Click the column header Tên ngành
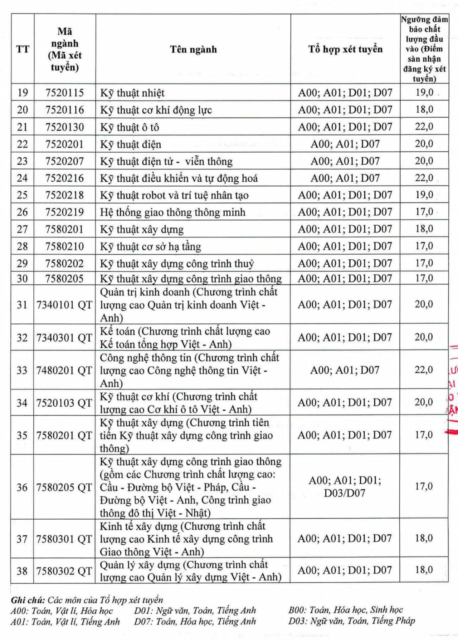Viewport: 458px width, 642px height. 193,49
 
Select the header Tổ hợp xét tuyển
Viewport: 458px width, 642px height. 345,49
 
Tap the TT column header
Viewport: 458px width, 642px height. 23,49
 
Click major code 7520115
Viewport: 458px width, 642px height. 65,93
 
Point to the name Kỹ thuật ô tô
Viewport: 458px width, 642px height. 130,127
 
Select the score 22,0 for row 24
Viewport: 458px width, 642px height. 424,178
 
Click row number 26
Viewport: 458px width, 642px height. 22,212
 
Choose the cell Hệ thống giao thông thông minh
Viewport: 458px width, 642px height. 173,212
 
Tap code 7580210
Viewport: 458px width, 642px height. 65,246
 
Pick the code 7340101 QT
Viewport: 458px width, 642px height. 65,305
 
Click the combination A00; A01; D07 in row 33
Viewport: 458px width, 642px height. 345,370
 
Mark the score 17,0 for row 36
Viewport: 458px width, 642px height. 424,486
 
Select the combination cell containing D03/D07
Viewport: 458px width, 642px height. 345,487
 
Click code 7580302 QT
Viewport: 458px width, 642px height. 65,571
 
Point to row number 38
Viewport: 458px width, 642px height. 22,571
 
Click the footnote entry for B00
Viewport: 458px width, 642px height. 346,610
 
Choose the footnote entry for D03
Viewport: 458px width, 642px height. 352,621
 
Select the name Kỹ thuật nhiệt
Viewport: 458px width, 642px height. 132,93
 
